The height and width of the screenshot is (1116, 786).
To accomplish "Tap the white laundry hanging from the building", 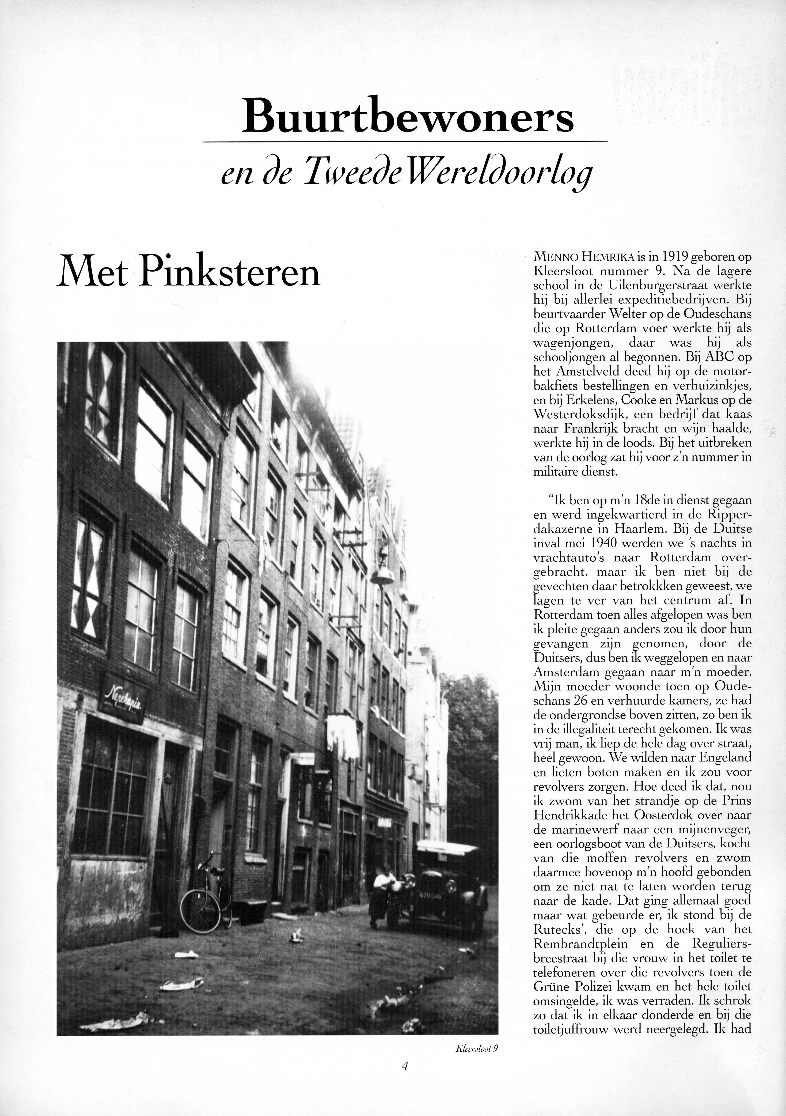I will click(343, 735).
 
